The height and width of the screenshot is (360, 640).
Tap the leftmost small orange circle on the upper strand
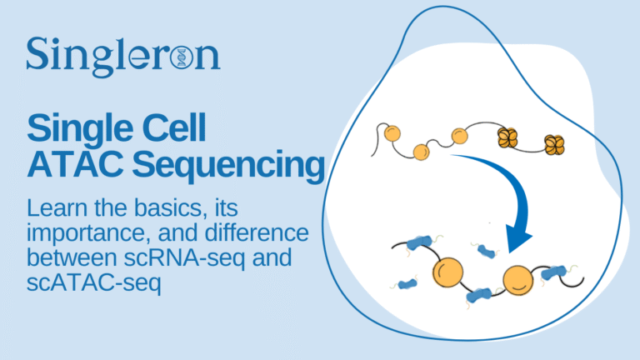(x=392, y=132)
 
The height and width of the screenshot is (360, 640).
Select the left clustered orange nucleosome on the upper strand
(x=507, y=137)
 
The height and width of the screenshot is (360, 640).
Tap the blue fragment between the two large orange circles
(x=481, y=294)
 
